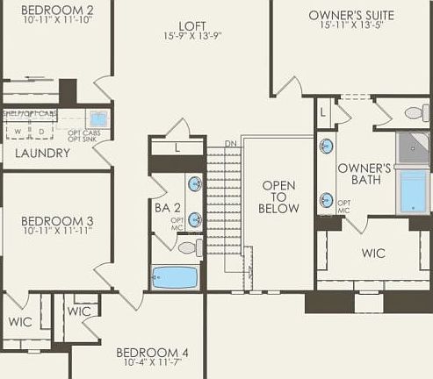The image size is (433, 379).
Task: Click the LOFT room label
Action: (192, 25)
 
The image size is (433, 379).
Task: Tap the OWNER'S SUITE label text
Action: (351, 16)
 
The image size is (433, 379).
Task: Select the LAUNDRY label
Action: (42, 153)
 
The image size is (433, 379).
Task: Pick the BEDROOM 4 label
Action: (152, 353)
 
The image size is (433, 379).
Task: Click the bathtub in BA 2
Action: (177, 277)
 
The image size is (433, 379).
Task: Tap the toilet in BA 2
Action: (187, 248)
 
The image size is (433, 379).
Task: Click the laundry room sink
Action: (98, 118)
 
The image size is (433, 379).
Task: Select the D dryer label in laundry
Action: (42, 132)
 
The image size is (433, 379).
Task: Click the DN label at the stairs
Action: (230, 143)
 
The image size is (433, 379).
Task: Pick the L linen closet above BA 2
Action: (177, 147)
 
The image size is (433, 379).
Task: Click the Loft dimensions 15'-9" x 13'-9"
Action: (192, 37)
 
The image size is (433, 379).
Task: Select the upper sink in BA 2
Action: (195, 184)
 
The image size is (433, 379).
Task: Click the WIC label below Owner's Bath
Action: (373, 253)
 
